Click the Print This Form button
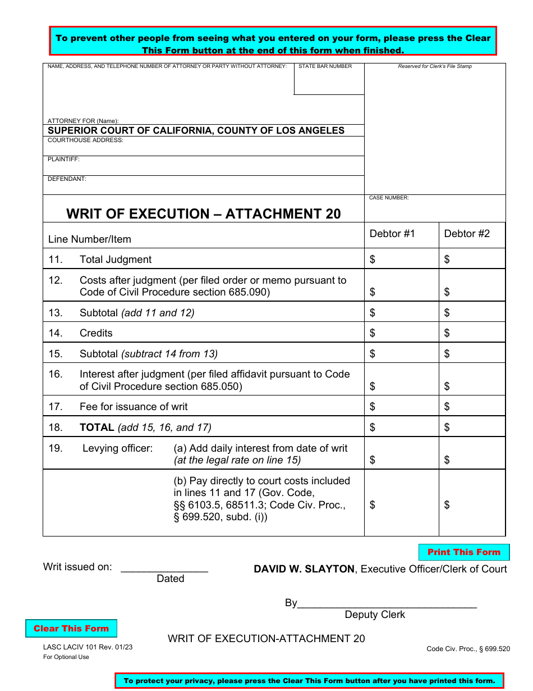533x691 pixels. pyautogui.click(x=463, y=552)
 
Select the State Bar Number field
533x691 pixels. pyautogui.click(x=329, y=81)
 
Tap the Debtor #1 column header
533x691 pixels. pyautogui.click(x=392, y=234)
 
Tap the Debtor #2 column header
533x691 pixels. pyautogui.click(x=467, y=234)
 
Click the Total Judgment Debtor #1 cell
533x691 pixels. pyautogui.click(x=401, y=260)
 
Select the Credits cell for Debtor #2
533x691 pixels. pyautogui.click(x=472, y=333)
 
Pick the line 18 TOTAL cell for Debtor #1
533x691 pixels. pyautogui.click(x=401, y=428)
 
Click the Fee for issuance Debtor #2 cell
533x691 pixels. pyautogui.click(x=472, y=407)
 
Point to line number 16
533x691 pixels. pyautogui.click(x=56, y=374)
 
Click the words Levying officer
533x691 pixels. pyautogui.click(x=118, y=448)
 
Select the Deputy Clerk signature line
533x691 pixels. pyautogui.click(x=387, y=603)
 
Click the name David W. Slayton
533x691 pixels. pyautogui.click(x=304, y=569)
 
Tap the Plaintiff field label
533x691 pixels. pyautogui.click(x=63, y=160)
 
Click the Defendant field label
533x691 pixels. pyautogui.click(x=67, y=179)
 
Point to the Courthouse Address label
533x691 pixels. pyautogui.click(x=85, y=140)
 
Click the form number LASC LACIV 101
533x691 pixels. pyautogui.click(x=88, y=647)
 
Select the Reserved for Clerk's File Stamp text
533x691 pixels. pyautogui.click(x=435, y=66)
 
